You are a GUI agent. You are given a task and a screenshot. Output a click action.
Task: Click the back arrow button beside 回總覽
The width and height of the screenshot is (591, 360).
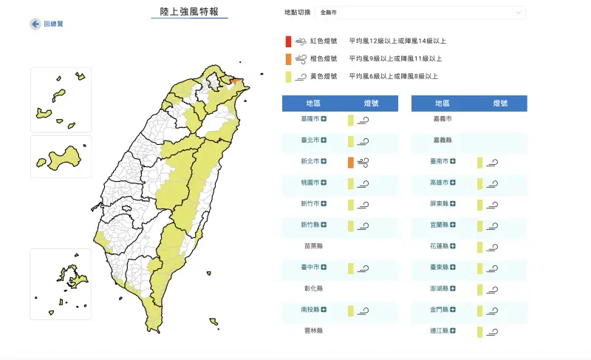tap(35, 24)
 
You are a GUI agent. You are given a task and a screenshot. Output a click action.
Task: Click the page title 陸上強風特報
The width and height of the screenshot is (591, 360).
tap(190, 12)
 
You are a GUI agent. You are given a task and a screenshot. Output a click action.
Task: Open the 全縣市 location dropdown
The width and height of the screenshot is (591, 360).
tap(420, 13)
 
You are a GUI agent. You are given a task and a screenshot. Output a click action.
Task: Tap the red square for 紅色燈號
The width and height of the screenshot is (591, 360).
tap(289, 41)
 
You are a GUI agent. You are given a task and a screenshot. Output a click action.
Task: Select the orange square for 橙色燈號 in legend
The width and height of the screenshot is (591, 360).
tap(289, 58)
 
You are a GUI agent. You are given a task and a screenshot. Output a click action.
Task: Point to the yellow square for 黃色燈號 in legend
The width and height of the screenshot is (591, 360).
tap(289, 76)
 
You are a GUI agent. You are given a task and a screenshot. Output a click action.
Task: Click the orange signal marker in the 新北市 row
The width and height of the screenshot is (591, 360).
tap(351, 162)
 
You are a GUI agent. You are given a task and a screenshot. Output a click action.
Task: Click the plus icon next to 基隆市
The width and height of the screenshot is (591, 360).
tap(324, 119)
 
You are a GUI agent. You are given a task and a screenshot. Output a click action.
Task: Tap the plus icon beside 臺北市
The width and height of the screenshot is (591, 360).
tap(324, 140)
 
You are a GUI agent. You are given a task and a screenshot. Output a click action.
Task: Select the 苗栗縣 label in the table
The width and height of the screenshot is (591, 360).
tap(312, 246)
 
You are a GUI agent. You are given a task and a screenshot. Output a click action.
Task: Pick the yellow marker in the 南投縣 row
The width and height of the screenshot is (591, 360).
tap(351, 310)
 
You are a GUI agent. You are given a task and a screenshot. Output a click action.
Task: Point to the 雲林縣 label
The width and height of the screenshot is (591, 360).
tap(312, 331)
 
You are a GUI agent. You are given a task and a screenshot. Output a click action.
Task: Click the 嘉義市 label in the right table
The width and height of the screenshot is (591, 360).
tap(442, 119)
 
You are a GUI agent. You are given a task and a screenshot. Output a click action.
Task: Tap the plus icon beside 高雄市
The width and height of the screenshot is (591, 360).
tap(453, 183)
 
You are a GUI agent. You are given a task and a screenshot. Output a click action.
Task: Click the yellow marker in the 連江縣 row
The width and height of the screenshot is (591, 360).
tap(480, 332)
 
